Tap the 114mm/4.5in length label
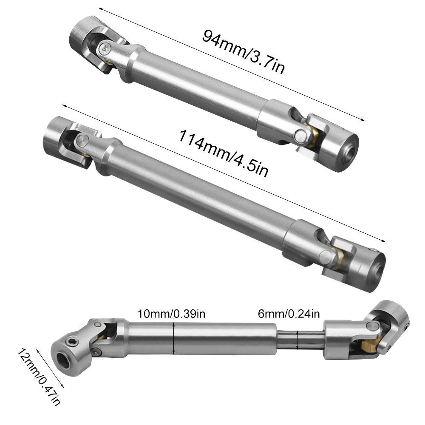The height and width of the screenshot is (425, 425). pyautogui.click(x=223, y=154)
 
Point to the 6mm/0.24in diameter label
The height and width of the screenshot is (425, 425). pyautogui.click(x=289, y=314)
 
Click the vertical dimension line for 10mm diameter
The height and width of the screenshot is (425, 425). pyautogui.click(x=174, y=338)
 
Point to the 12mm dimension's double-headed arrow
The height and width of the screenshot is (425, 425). pyautogui.click(x=50, y=368)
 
